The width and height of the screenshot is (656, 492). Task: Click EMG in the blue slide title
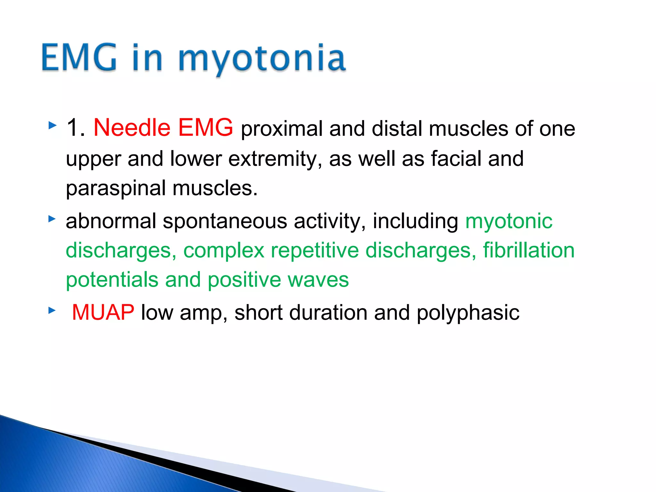(79, 58)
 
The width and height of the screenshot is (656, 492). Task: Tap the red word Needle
(132, 127)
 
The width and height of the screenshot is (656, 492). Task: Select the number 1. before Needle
(76, 127)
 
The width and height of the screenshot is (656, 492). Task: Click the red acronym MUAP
(103, 312)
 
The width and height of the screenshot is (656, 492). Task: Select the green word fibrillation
(529, 250)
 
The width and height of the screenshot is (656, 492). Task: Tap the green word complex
(224, 251)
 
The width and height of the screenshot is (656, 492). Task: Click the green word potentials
(112, 280)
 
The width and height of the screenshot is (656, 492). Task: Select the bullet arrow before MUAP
(52, 310)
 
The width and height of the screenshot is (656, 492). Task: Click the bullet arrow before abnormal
(52, 219)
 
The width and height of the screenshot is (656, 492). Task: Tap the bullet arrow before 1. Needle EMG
(52, 125)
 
